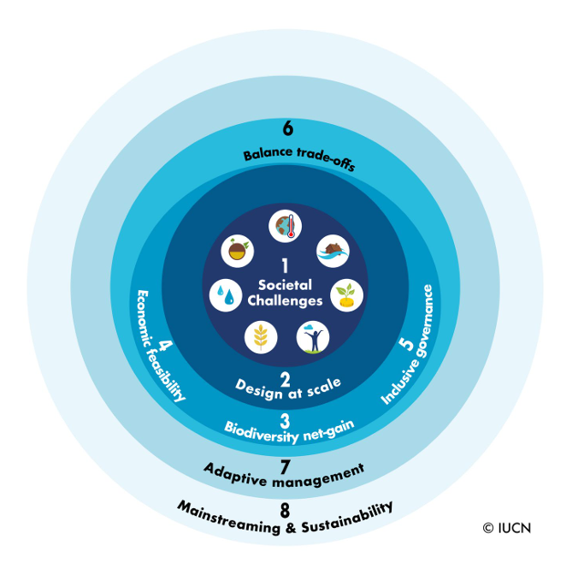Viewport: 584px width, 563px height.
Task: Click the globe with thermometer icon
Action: pos(284,227)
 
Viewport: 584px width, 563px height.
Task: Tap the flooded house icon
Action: pos(333,252)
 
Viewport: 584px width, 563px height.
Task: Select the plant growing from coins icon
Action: pos(347,295)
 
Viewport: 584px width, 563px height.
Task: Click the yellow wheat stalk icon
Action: pos(261,337)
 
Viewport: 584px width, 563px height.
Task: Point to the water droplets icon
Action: pos(225,295)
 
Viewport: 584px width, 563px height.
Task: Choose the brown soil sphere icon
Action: pos(237,252)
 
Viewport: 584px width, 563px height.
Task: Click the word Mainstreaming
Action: pos(226,519)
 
